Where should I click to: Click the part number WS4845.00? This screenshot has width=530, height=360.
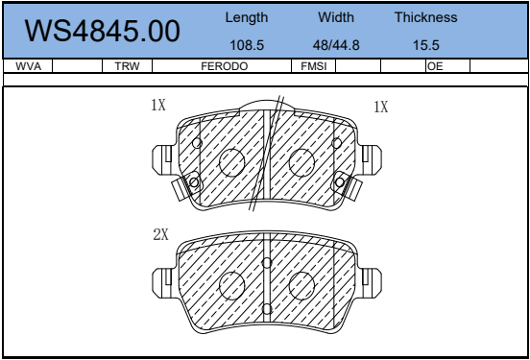(102, 31)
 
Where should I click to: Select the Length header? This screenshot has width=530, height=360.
(247, 18)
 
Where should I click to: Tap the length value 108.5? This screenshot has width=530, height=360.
(247, 45)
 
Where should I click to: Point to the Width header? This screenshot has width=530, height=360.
(336, 17)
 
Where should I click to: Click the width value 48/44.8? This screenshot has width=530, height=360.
(336, 45)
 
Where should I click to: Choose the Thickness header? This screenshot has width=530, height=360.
(426, 17)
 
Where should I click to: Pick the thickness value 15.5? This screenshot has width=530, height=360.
(426, 45)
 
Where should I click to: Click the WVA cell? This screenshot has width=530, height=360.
(29, 66)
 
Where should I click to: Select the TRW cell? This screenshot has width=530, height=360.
(127, 66)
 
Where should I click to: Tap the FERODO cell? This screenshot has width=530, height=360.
(225, 66)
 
